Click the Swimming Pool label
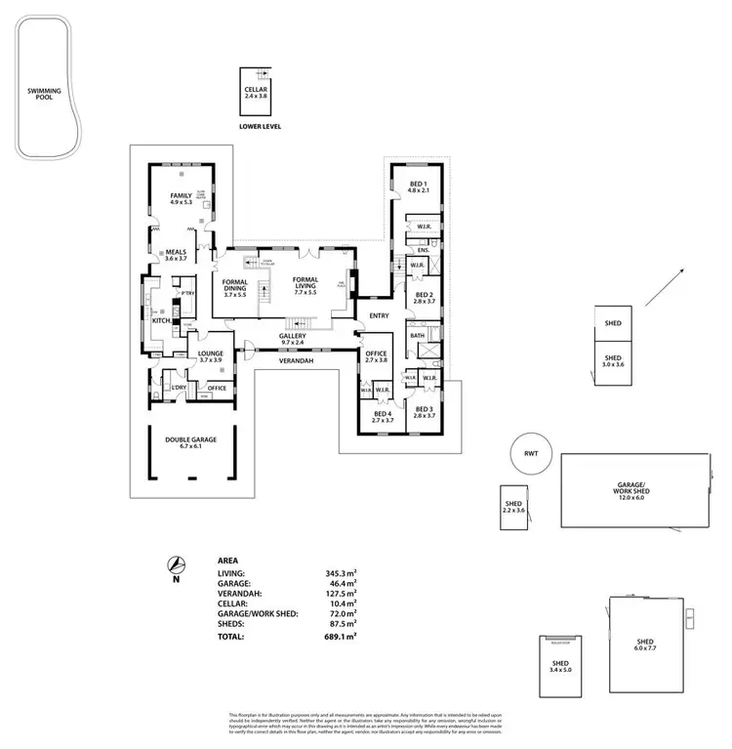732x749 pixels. tap(44, 94)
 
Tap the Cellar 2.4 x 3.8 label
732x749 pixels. tap(256, 93)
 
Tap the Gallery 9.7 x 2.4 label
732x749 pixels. tap(293, 338)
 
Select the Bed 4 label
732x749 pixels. tap(384, 413)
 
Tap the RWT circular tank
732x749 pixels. tap(531, 453)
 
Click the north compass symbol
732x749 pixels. tap(176, 565)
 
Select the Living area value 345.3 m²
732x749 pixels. tap(342, 574)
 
